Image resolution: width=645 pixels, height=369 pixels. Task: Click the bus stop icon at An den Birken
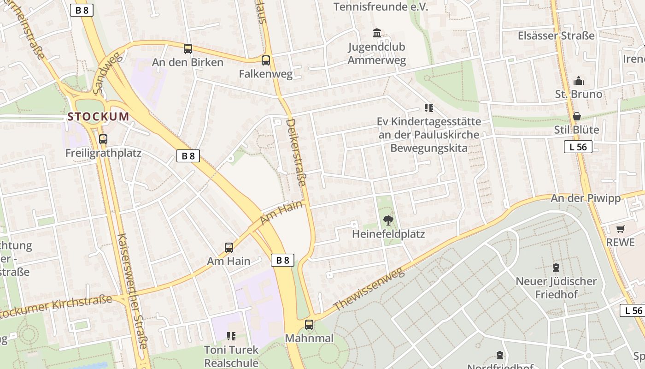(188, 49)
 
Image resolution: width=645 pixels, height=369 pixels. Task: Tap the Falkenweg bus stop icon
(266, 60)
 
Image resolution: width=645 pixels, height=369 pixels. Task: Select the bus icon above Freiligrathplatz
(103, 139)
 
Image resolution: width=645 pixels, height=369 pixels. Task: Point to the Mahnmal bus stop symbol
(309, 325)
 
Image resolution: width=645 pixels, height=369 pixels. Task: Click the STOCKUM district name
(98, 117)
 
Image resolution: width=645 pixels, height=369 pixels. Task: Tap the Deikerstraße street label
(296, 152)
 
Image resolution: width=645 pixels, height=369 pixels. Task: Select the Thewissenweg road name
(369, 289)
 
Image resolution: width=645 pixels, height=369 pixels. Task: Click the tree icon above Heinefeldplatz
(388, 220)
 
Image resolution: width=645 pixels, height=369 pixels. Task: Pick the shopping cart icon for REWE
(621, 229)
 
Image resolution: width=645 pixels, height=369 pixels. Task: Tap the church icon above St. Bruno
(579, 81)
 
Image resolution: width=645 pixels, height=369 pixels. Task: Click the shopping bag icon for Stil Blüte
(577, 116)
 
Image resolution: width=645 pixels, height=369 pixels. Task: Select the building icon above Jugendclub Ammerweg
(377, 33)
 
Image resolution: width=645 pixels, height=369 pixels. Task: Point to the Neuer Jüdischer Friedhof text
(556, 287)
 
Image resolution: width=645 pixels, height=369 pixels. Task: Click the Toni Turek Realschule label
(231, 356)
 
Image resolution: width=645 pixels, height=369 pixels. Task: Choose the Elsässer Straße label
(556, 36)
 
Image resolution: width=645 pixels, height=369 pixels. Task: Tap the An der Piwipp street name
(586, 198)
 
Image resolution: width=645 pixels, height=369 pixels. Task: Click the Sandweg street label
(106, 73)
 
